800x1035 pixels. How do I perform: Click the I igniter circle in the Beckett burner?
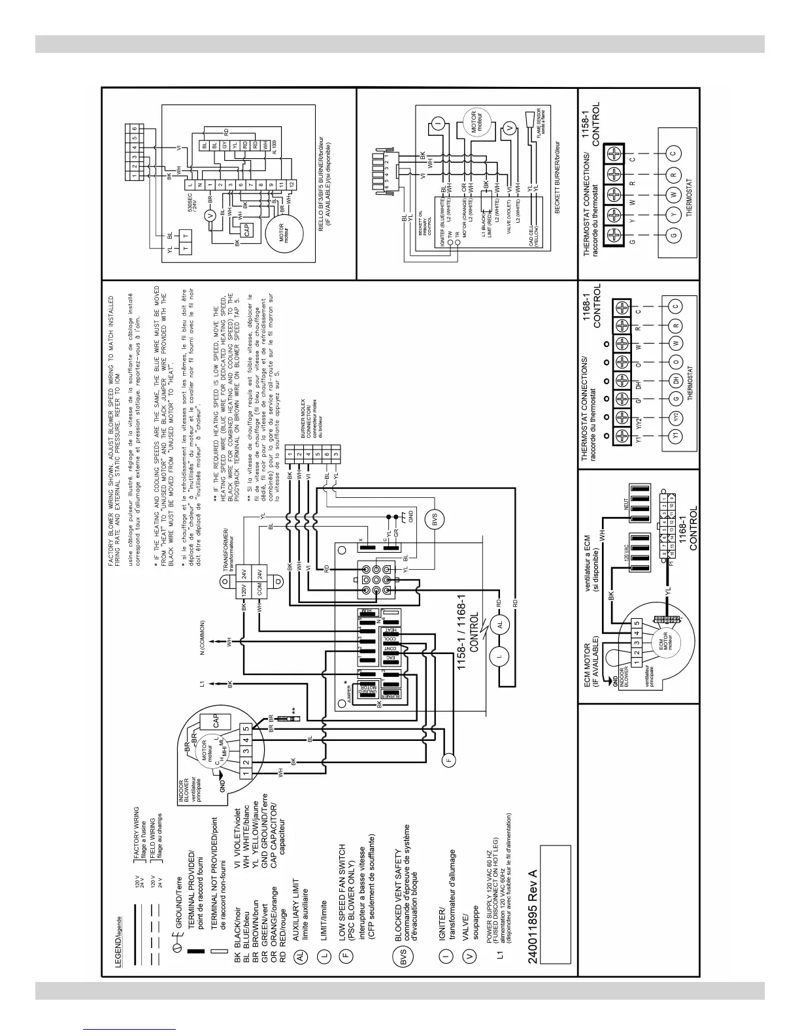[438, 120]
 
